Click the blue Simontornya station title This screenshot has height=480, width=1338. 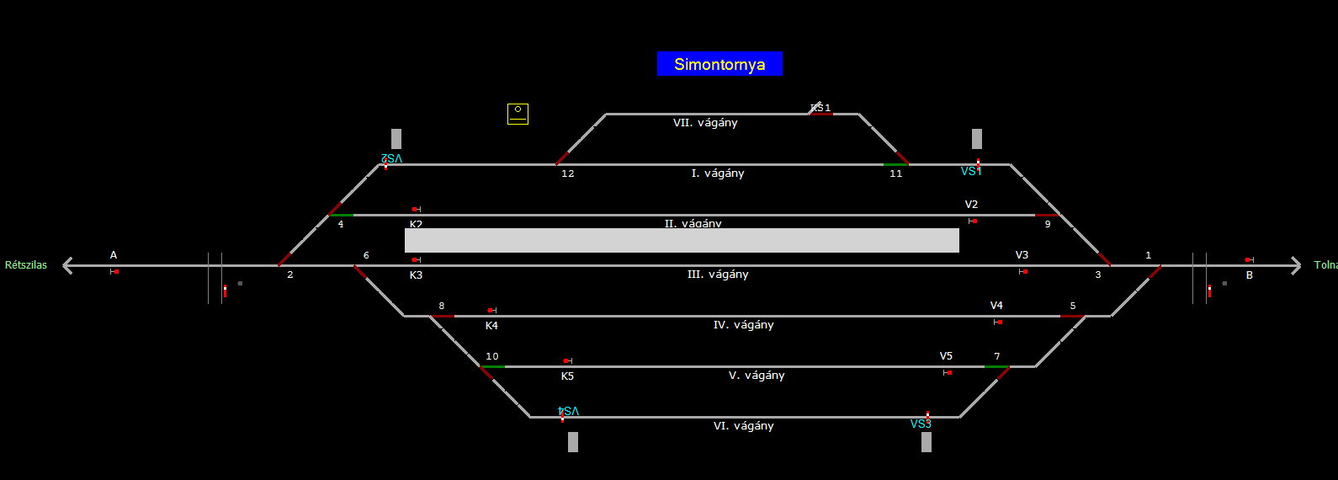pyautogui.click(x=719, y=64)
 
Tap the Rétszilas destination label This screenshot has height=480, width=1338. pyautogui.click(x=26, y=265)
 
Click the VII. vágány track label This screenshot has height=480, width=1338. pyautogui.click(x=705, y=123)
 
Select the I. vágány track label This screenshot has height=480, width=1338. pyautogui.click(x=718, y=173)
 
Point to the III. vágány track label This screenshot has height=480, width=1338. pyautogui.click(x=718, y=275)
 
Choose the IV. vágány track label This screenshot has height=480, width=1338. pyautogui.click(x=743, y=325)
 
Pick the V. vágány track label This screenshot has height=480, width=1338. pyautogui.click(x=757, y=376)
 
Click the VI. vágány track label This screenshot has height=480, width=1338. pyautogui.click(x=743, y=426)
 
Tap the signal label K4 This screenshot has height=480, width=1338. pyautogui.click(x=491, y=326)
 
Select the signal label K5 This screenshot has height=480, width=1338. pyautogui.click(x=567, y=376)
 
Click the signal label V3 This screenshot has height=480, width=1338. pyautogui.click(x=1022, y=255)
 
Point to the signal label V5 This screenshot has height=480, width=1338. pyautogui.click(x=946, y=356)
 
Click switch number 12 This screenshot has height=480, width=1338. pyautogui.click(x=568, y=173)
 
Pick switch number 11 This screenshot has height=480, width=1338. pyautogui.click(x=895, y=173)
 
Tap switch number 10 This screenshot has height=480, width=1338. pyautogui.click(x=492, y=356)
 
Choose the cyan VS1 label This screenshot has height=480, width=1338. pyautogui.click(x=971, y=172)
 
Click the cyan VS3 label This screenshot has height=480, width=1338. pyautogui.click(x=921, y=424)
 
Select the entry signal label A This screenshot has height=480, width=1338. pyautogui.click(x=114, y=255)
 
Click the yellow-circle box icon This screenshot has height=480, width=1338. pyautogui.click(x=518, y=114)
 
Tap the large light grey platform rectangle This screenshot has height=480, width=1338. pyautogui.click(x=682, y=240)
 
